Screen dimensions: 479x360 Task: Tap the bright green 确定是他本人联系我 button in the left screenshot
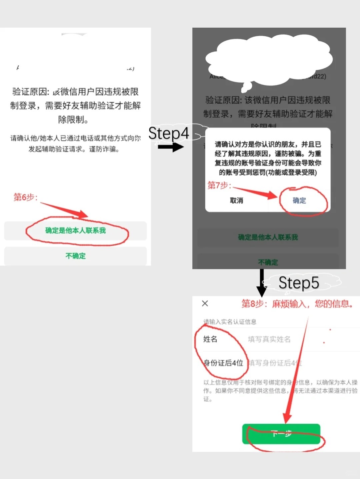pyautogui.click(x=76, y=231)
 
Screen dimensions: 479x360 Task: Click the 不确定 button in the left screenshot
pyautogui.click(x=76, y=256)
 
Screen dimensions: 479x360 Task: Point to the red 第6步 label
pyautogui.click(x=25, y=197)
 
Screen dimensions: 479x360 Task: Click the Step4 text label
pyautogui.click(x=169, y=133)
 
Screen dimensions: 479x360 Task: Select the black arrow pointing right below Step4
pyautogui.click(x=171, y=147)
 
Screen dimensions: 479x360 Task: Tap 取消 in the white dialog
pyautogui.click(x=236, y=201)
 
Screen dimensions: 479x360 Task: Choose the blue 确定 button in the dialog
pyautogui.click(x=299, y=201)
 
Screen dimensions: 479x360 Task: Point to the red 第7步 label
pyautogui.click(x=219, y=185)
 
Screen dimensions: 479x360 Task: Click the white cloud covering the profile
pyautogui.click(x=269, y=60)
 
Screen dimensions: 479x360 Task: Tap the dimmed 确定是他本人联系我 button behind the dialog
pyautogui.click(x=268, y=237)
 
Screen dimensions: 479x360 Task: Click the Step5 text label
pyautogui.click(x=299, y=283)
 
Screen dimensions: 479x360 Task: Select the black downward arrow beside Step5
pyautogui.click(x=262, y=282)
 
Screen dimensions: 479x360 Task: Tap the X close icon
pyautogui.click(x=205, y=303)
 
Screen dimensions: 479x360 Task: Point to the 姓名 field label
pyautogui.click(x=210, y=339)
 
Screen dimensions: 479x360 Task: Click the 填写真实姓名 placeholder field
pyautogui.click(x=269, y=339)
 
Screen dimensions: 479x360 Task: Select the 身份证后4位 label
pyautogui.click(x=223, y=363)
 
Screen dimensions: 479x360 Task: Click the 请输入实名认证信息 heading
pyautogui.click(x=230, y=322)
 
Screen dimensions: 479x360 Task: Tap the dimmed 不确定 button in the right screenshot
pyautogui.click(x=268, y=262)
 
